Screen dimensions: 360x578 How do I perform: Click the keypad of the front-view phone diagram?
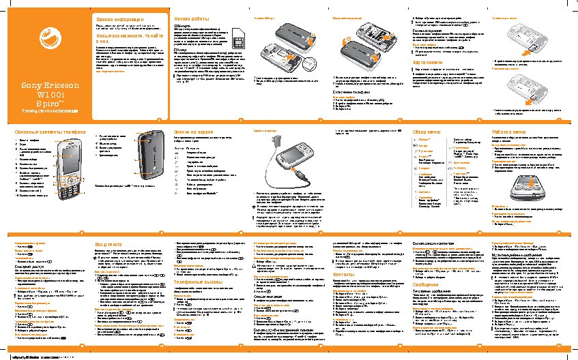coord(70,183)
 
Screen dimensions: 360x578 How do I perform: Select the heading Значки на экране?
coord(194,131)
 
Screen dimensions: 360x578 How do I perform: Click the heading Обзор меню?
coord(429,131)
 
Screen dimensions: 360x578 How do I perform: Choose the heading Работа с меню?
coord(509,131)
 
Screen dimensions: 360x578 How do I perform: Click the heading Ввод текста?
coord(109,243)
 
